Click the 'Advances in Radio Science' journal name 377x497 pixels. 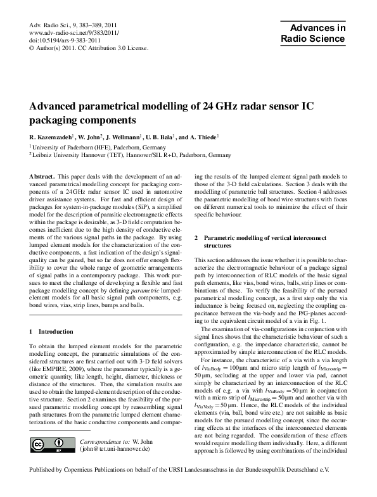316,33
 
